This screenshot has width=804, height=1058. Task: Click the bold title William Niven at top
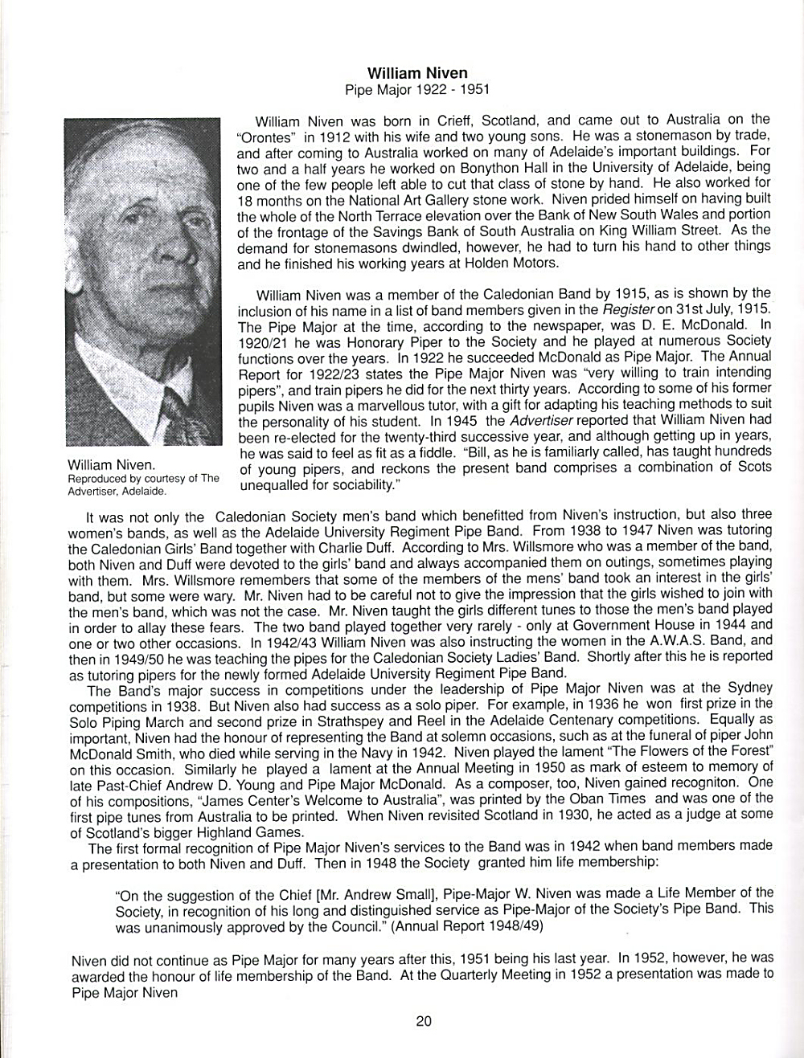pos(416,74)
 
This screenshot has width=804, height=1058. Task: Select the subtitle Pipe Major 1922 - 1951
pos(416,90)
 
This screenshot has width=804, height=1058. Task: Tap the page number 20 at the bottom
pos(424,1022)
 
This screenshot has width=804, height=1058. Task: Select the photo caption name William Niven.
pos(112,465)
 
